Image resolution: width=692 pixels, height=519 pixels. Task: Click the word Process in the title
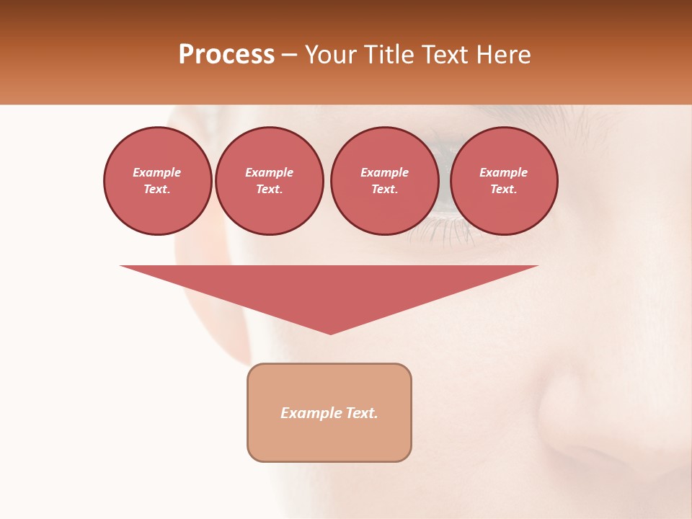tap(226, 55)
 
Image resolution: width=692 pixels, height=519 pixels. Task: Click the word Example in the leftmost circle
tap(157, 172)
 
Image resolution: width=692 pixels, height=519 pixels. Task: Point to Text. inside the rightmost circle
tap(503, 189)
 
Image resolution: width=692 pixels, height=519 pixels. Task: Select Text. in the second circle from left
tap(269, 189)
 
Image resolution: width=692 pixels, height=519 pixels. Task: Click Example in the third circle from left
tap(384, 172)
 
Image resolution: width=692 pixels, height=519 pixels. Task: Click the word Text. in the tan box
tap(361, 413)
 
